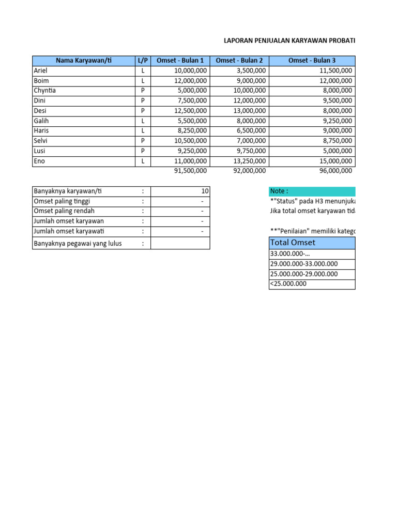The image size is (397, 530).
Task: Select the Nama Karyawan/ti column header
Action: point(83,61)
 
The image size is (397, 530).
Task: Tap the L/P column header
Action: point(143,61)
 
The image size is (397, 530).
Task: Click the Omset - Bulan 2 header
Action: point(239,61)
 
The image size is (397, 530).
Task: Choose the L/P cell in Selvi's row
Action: point(143,141)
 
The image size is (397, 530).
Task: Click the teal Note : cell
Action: point(312,191)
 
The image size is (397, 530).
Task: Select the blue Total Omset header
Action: point(312,243)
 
